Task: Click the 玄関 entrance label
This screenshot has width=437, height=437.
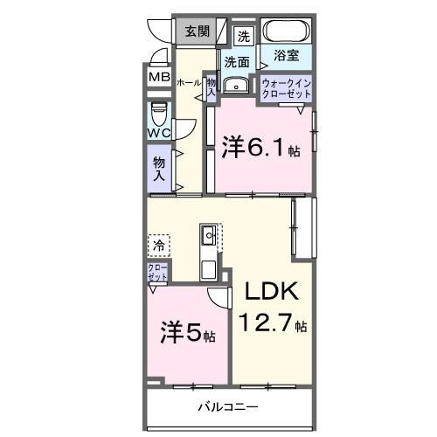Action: (197, 31)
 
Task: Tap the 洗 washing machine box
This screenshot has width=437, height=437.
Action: (244, 36)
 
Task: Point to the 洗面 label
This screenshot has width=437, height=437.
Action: (236, 62)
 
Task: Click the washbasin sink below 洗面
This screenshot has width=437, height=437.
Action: (235, 86)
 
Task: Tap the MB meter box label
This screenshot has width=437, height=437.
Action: (159, 77)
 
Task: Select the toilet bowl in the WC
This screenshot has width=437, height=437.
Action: (158, 115)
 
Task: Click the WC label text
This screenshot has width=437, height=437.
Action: (158, 133)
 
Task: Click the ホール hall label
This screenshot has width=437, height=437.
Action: (189, 82)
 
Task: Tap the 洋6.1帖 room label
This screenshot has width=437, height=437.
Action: (260, 147)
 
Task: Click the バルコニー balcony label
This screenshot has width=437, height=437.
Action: (226, 407)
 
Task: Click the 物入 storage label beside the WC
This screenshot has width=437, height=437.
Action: (159, 168)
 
